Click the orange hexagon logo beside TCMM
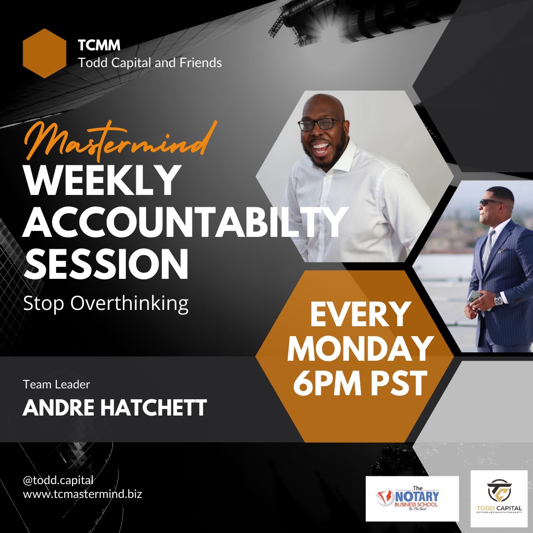point(44,53)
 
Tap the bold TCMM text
point(99,46)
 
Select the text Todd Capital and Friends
point(150,63)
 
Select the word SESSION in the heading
point(106,265)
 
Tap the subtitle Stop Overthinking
point(106,304)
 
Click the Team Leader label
point(56,384)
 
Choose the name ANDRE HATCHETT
point(114,408)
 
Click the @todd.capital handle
point(58,480)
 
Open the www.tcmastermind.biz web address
point(82,494)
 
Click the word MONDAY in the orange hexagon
point(360,349)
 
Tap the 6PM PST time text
point(360,383)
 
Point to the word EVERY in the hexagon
point(360,314)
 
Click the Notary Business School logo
point(412,498)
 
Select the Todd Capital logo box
point(499,498)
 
